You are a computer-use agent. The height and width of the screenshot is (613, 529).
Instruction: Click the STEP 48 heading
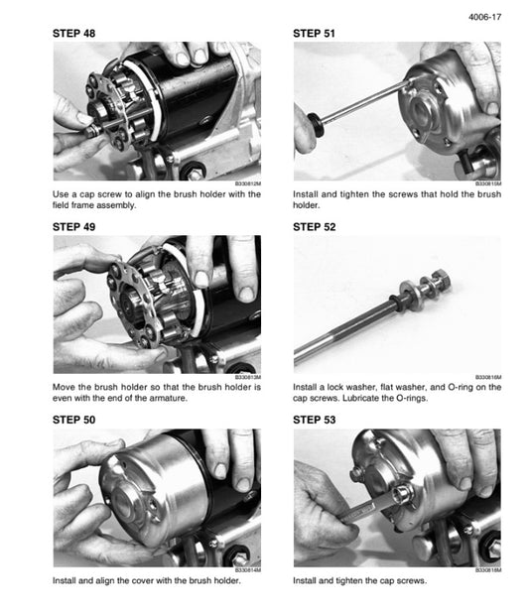[74, 34]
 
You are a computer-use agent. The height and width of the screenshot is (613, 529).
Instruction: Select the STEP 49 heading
[74, 227]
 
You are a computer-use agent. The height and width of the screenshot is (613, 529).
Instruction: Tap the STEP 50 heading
[74, 421]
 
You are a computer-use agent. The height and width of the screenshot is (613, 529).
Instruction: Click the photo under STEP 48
[157, 110]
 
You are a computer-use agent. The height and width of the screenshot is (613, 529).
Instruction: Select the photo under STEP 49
[157, 304]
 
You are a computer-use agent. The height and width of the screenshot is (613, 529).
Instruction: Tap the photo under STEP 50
[157, 497]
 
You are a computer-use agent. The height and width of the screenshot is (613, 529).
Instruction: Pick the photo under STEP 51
[397, 110]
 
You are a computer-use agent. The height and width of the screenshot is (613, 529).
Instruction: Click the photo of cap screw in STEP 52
[397, 304]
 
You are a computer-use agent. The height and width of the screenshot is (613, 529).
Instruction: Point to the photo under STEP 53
[397, 497]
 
